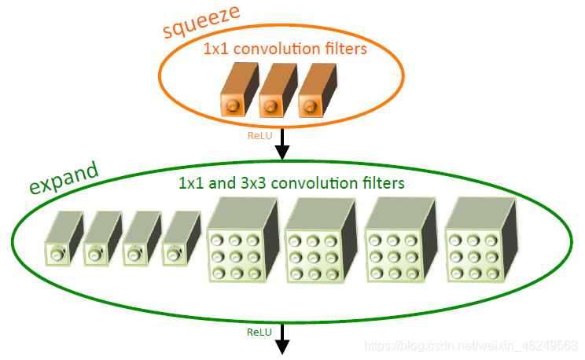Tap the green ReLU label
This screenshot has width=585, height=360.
point(259,332)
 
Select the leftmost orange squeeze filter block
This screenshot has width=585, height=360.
point(234,91)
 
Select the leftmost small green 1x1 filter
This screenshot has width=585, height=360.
point(61,238)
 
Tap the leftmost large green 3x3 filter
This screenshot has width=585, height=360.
point(241,242)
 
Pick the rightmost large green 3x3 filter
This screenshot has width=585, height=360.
point(480,242)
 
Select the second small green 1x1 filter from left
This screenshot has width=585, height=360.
point(101,238)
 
